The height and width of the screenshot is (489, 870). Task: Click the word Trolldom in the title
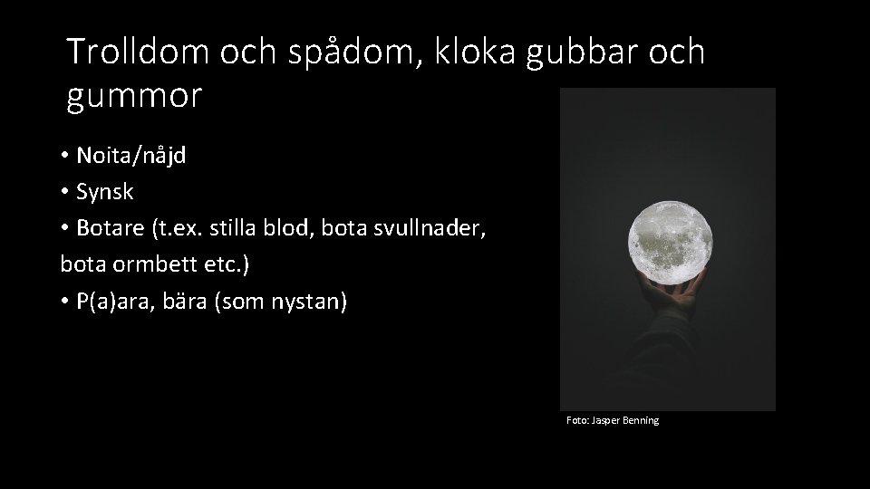point(137,52)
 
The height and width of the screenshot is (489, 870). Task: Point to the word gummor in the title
point(134,95)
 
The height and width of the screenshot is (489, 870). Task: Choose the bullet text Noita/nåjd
point(130,156)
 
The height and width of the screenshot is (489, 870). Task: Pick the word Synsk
point(105,192)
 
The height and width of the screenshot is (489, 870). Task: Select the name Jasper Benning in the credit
point(625,420)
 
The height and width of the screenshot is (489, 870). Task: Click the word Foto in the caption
point(576,420)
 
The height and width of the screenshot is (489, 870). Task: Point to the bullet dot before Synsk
point(66,192)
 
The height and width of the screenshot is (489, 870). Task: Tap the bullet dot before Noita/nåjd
point(66,156)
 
